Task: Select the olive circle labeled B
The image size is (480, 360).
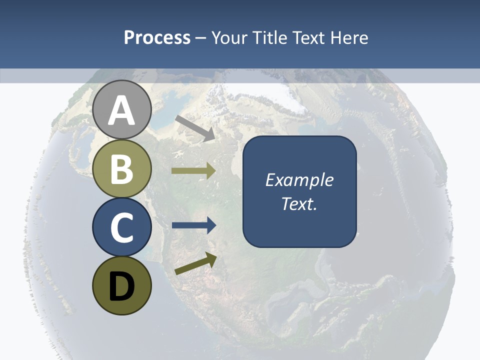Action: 122,169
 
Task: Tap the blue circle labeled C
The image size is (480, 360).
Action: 122,227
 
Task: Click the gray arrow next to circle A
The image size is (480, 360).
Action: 195,128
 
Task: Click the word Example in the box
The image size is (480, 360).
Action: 299,180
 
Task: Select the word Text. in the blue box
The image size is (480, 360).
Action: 299,204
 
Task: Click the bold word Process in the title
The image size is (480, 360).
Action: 157,37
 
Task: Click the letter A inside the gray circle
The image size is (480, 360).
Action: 122,111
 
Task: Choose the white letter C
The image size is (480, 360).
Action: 122,228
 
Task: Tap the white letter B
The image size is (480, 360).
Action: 122,169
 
